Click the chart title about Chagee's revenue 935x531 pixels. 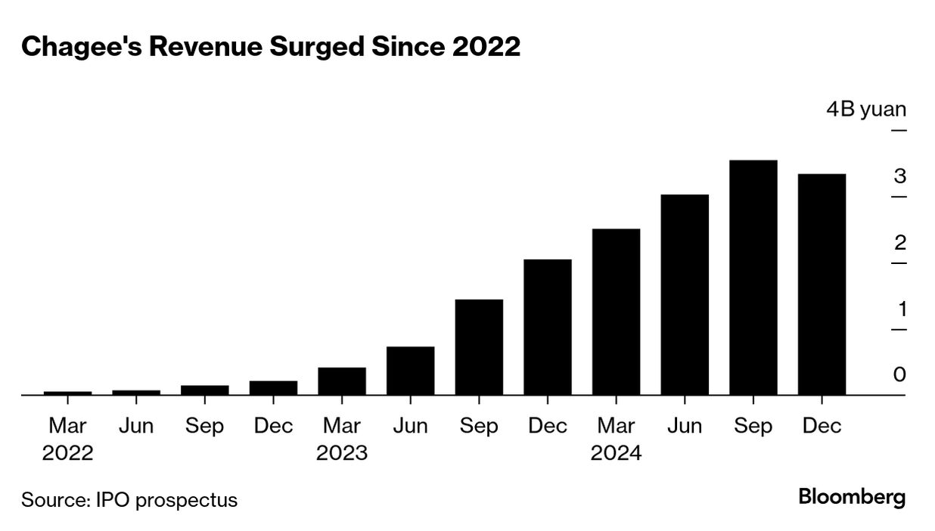(271, 47)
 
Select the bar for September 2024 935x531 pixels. (753, 278)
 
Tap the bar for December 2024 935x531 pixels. (822, 284)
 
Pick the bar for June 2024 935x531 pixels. (685, 295)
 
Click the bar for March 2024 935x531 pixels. (616, 312)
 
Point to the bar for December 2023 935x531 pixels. (548, 327)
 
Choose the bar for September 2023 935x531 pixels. (479, 347)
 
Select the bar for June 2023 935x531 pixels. (410, 371)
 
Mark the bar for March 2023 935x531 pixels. (342, 381)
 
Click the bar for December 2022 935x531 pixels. (273, 388)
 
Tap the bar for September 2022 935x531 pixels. (204, 390)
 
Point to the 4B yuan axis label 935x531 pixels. (865, 110)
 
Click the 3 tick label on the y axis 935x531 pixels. (899, 177)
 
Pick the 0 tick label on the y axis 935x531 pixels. (899, 375)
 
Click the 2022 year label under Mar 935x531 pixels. (67, 453)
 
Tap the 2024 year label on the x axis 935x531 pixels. (616, 453)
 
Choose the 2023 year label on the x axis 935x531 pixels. (342, 453)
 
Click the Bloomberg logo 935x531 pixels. (852, 498)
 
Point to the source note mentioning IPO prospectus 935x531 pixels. (129, 500)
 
